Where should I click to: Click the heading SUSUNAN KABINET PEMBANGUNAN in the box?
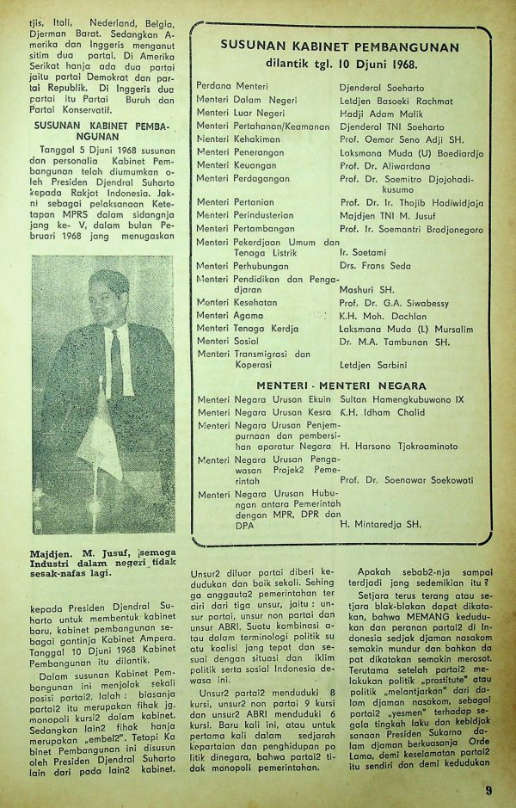click(x=340, y=47)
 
